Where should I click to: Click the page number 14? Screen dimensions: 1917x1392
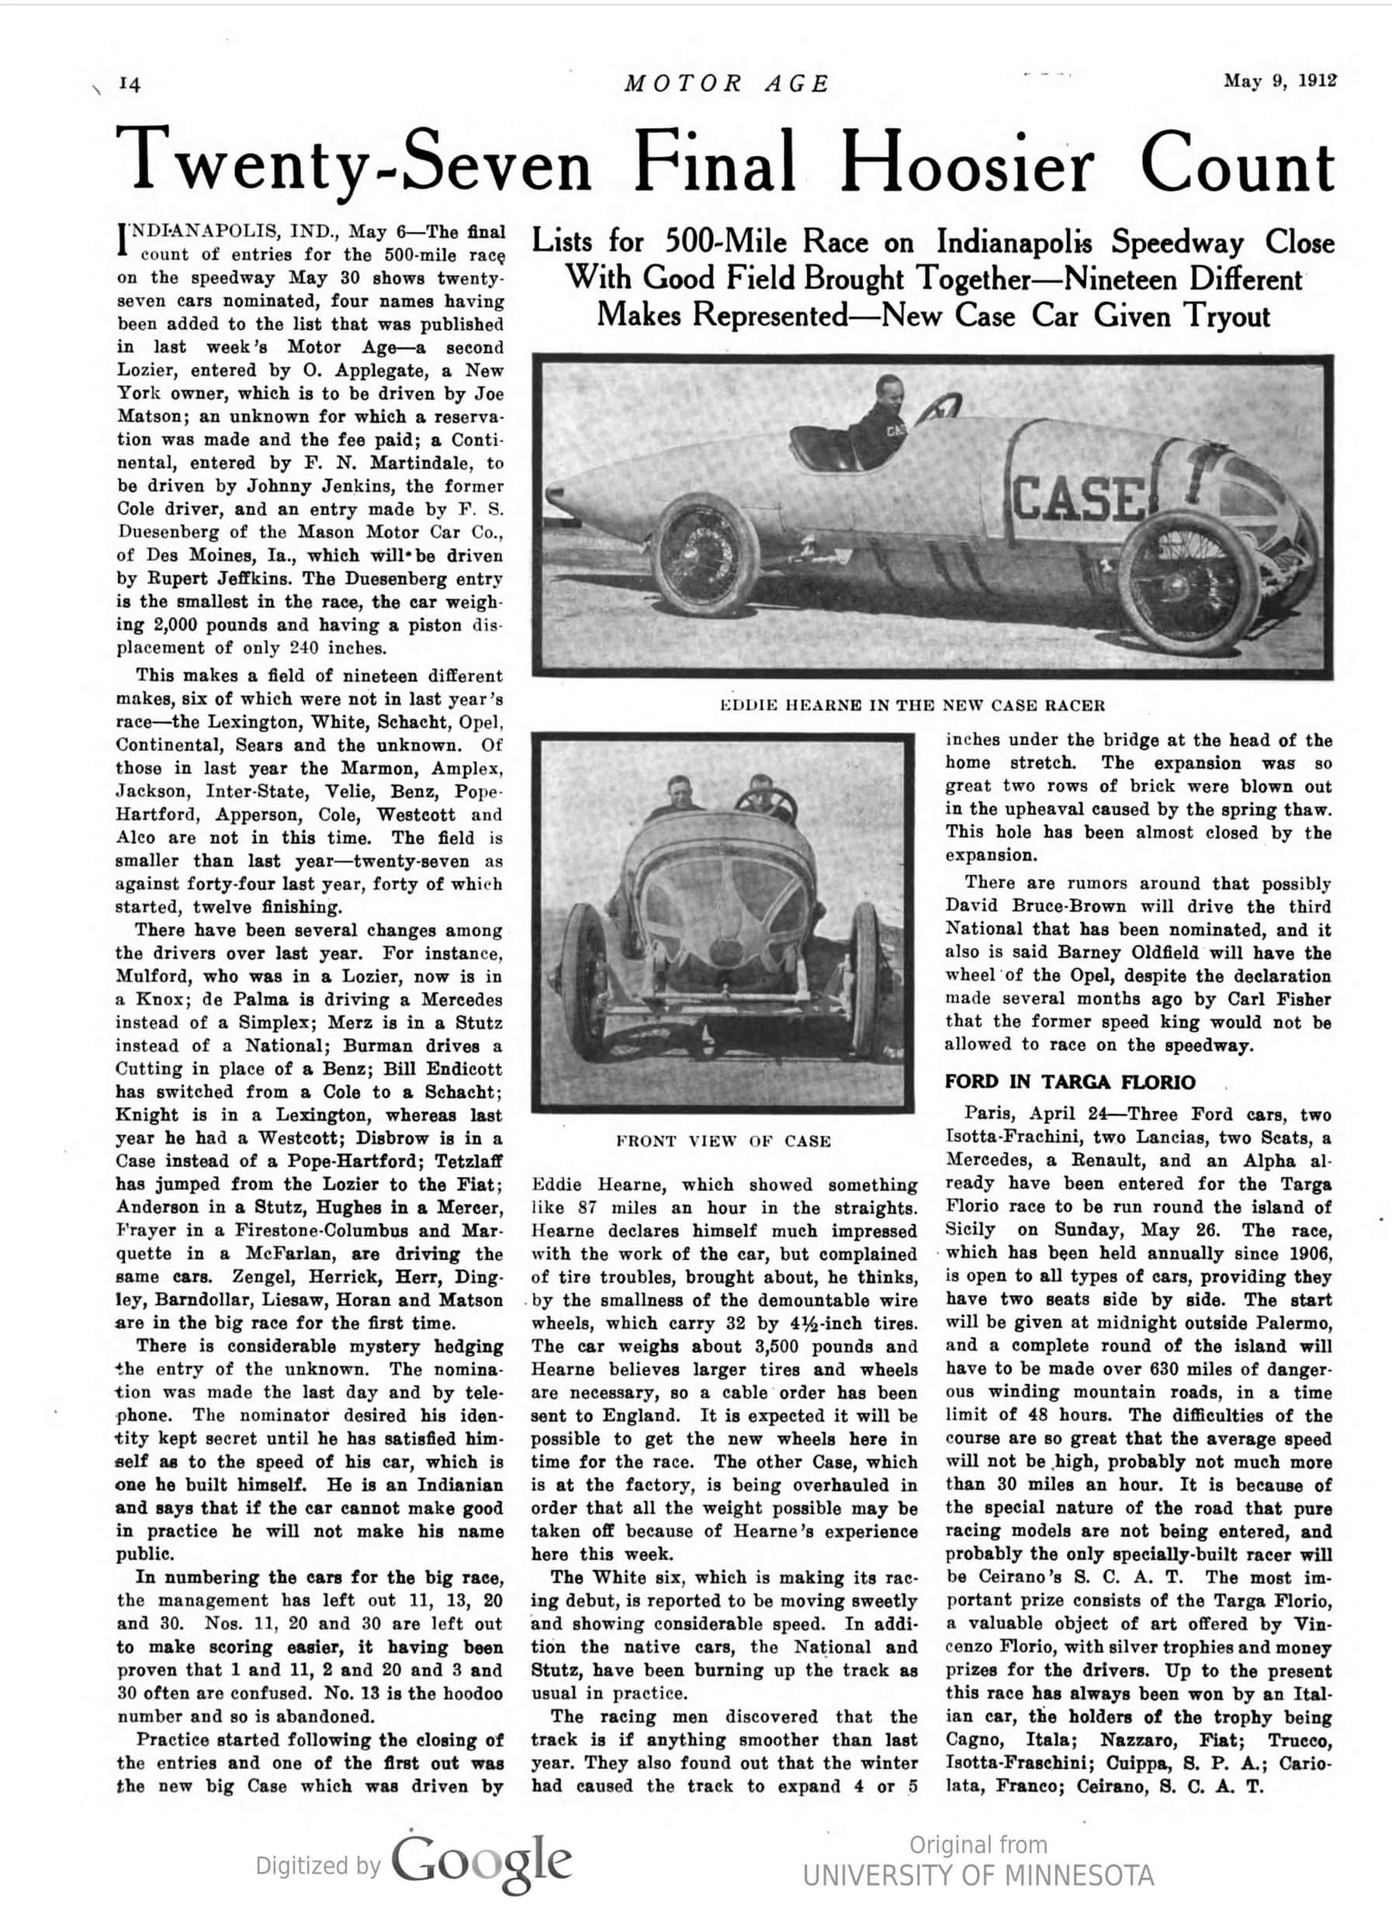point(130,84)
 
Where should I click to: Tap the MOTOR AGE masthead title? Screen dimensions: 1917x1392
point(727,84)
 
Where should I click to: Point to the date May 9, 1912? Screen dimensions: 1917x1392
point(1279,81)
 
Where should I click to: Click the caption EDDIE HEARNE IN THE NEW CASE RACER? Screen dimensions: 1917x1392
point(911,706)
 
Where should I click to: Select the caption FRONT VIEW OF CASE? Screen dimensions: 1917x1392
point(723,1141)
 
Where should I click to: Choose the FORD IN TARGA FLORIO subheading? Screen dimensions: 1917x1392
point(1069,1083)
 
